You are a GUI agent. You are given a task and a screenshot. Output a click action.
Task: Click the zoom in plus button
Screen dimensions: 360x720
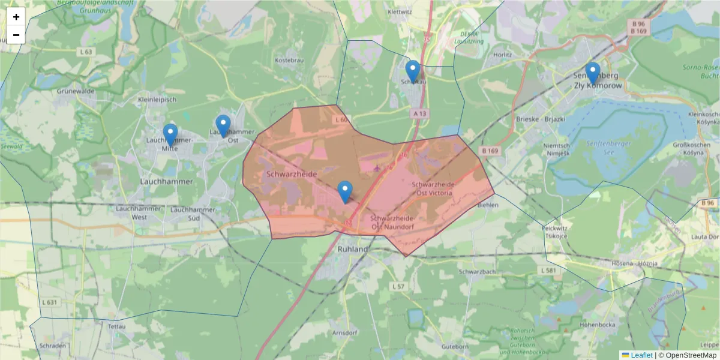pos(16,17)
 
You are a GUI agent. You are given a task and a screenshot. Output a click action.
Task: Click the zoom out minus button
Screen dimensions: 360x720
pos(16,35)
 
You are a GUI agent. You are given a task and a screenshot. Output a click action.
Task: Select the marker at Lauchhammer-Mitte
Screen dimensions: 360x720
pos(170,135)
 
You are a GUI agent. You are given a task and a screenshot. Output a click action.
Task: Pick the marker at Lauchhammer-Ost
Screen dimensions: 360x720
pos(223,126)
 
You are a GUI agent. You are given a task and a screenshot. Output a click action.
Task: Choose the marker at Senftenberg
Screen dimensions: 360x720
pos(592,73)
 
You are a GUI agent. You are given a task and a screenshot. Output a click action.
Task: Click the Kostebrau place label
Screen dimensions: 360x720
pos(289,61)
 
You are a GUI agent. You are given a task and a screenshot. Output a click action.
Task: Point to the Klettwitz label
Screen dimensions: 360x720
pos(400,11)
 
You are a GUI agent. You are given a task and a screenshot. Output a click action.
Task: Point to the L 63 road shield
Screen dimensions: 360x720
pos(86,52)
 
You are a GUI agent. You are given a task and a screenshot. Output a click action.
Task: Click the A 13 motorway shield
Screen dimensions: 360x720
pos(419,113)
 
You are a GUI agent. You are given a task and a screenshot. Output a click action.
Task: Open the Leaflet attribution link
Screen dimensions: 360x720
pos(641,355)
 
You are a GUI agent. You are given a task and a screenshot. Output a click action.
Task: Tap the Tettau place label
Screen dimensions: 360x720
pos(116,326)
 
